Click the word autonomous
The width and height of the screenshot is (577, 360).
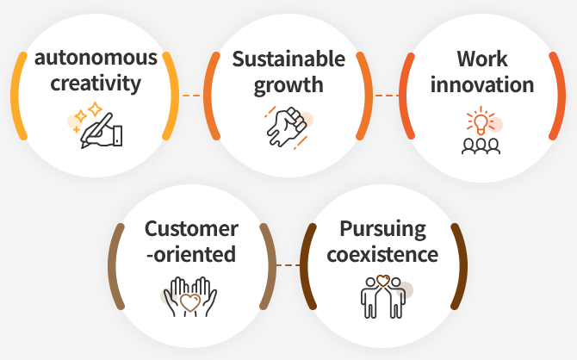(x=96, y=59)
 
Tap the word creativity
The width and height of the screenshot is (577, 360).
(x=96, y=84)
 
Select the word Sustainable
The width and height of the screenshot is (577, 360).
(x=288, y=59)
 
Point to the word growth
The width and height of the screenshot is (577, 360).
(x=288, y=85)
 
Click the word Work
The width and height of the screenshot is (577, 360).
(x=482, y=59)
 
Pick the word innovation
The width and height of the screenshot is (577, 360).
(x=482, y=84)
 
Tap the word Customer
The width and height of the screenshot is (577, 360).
(x=191, y=229)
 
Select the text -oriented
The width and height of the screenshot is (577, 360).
(x=191, y=254)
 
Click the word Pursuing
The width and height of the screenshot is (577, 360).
(x=382, y=230)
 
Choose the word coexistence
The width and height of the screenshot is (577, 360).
(x=382, y=254)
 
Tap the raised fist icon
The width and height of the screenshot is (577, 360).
(x=287, y=127)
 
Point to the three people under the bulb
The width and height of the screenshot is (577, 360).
(x=481, y=146)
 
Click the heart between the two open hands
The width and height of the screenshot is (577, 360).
(x=190, y=302)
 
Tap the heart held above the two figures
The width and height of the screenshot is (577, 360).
(x=383, y=281)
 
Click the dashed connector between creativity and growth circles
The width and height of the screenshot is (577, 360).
(x=191, y=96)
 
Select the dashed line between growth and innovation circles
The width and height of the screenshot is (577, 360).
(x=387, y=96)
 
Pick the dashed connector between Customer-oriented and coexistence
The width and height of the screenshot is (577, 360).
(x=288, y=265)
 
